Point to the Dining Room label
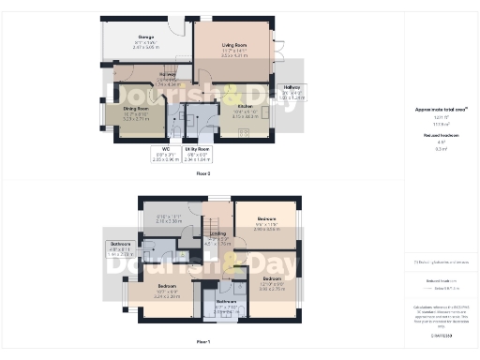pyautogui.click(x=137, y=113)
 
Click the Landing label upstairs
pyautogui.click(x=217, y=238)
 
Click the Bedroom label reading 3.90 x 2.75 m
pyautogui.click(x=273, y=282)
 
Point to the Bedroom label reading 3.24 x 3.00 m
pyautogui.click(x=168, y=290)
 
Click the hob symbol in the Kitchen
pyautogui.click(x=244, y=132)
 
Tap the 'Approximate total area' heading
pyautogui.click(x=441, y=109)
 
